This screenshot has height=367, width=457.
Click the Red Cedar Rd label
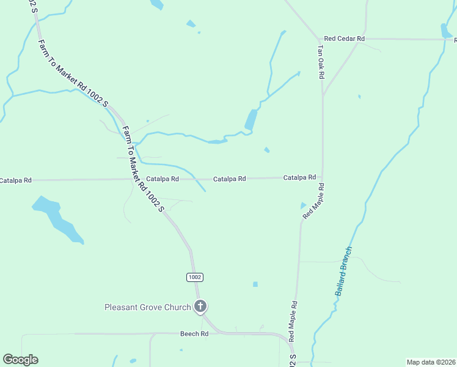click(344, 39)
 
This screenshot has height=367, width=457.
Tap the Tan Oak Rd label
click(320, 61)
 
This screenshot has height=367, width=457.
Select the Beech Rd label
click(194, 334)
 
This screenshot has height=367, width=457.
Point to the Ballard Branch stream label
click(344, 271)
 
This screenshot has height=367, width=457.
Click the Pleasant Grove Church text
click(147, 307)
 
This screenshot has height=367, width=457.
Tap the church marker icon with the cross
click(200, 306)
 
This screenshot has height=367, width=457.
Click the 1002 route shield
click(194, 277)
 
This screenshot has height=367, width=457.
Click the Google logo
click(20, 360)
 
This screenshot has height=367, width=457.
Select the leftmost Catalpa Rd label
click(15, 181)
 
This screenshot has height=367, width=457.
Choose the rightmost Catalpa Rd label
click(299, 177)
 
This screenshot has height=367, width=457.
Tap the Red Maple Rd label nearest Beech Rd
click(293, 321)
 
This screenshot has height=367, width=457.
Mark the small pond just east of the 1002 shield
click(255, 284)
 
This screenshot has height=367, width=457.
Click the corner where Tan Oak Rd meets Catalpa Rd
click(322, 178)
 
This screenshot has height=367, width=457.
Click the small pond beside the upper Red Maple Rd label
click(303, 206)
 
